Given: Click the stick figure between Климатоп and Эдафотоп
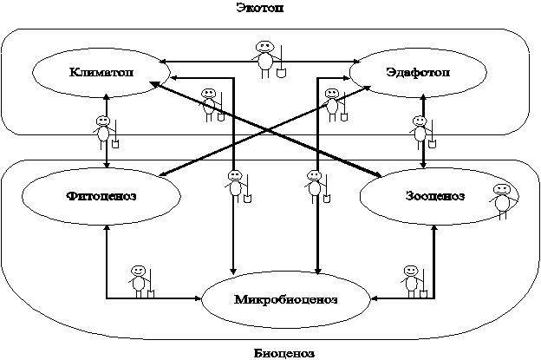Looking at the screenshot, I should pyautogui.click(x=266, y=56).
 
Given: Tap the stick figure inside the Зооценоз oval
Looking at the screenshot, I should pyautogui.click(x=501, y=200).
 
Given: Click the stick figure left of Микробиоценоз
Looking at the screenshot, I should pyautogui.click(x=139, y=281).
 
